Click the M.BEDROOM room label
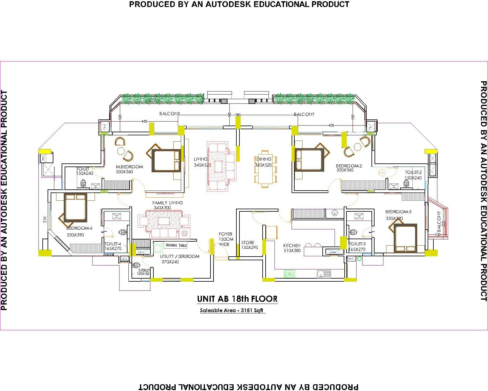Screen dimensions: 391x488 pos(129,167)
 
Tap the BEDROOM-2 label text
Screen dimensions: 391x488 pos(349,166)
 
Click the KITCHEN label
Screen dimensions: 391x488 pos(292,245)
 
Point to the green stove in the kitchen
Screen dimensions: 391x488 pos(289,273)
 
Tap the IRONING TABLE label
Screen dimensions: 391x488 pos(176,245)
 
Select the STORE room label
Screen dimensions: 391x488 pos(248,243)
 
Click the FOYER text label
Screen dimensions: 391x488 pos(225,234)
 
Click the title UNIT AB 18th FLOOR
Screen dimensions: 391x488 pos(237,299)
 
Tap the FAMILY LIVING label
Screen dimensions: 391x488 pos(167,203)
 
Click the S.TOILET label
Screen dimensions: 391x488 pos(144,270)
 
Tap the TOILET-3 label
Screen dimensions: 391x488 pos(357,244)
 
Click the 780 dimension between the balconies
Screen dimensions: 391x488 pos(238,115)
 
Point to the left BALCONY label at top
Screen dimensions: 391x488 pos(170,114)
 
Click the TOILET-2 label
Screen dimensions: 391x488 pos(413,173)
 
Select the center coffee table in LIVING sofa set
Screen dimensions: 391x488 pos(218,166)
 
